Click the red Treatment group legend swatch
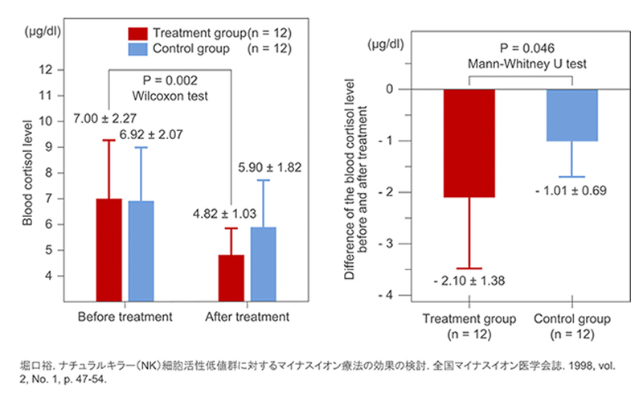pos(137,33)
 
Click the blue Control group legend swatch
pos(137,49)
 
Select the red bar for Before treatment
pos(109,249)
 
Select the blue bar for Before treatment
pos(141,250)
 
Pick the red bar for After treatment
pos(231,277)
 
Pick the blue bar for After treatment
pos(263,264)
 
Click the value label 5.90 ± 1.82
pos(269,167)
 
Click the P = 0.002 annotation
pos(170,81)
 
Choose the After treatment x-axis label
pos(247,317)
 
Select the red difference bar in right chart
pos(469,142)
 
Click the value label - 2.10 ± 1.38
pos(469,281)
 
